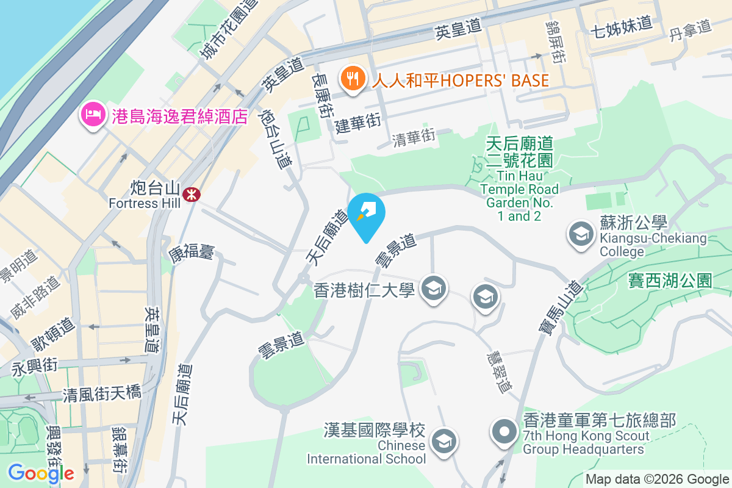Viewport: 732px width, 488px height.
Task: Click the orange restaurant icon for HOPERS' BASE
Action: click(x=352, y=79)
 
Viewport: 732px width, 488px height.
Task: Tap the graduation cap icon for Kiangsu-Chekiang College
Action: click(x=581, y=234)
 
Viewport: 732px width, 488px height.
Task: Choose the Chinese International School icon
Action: click(x=443, y=441)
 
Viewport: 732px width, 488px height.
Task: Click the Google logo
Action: click(x=41, y=473)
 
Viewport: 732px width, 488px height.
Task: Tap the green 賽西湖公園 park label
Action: click(x=670, y=281)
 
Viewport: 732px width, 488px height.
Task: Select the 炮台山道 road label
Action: click(x=274, y=138)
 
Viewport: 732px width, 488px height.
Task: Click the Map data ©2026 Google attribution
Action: click(x=657, y=479)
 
